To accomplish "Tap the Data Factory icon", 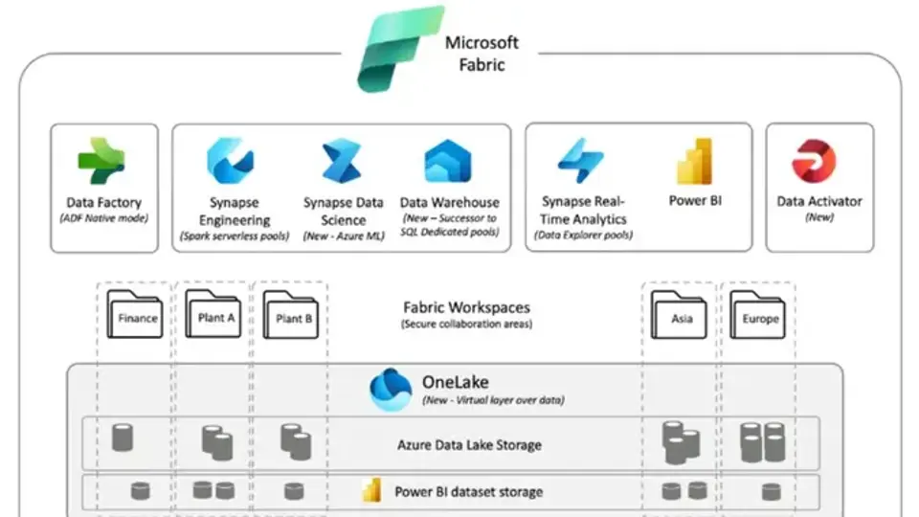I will tap(101, 160).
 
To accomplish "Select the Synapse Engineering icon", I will tap(230, 160).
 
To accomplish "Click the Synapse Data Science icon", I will tap(342, 160).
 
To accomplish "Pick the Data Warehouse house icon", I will tap(448, 160).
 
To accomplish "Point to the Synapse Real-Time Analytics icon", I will tap(580, 160).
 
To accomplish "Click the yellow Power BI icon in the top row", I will tap(694, 160).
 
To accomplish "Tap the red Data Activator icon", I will tap(814, 161).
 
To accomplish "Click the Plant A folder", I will tap(214, 312).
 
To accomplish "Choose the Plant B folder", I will tap(292, 313).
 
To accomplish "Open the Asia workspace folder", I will tap(680, 314).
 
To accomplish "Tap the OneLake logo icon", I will tap(391, 390).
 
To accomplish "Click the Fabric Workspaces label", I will tap(466, 308).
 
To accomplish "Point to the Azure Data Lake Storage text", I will tap(469, 444).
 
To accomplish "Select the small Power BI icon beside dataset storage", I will tap(371, 492).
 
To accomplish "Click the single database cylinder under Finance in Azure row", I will tap(123, 438).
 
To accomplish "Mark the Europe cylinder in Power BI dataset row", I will tap(771, 492).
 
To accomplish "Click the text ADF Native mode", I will tap(103, 218).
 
